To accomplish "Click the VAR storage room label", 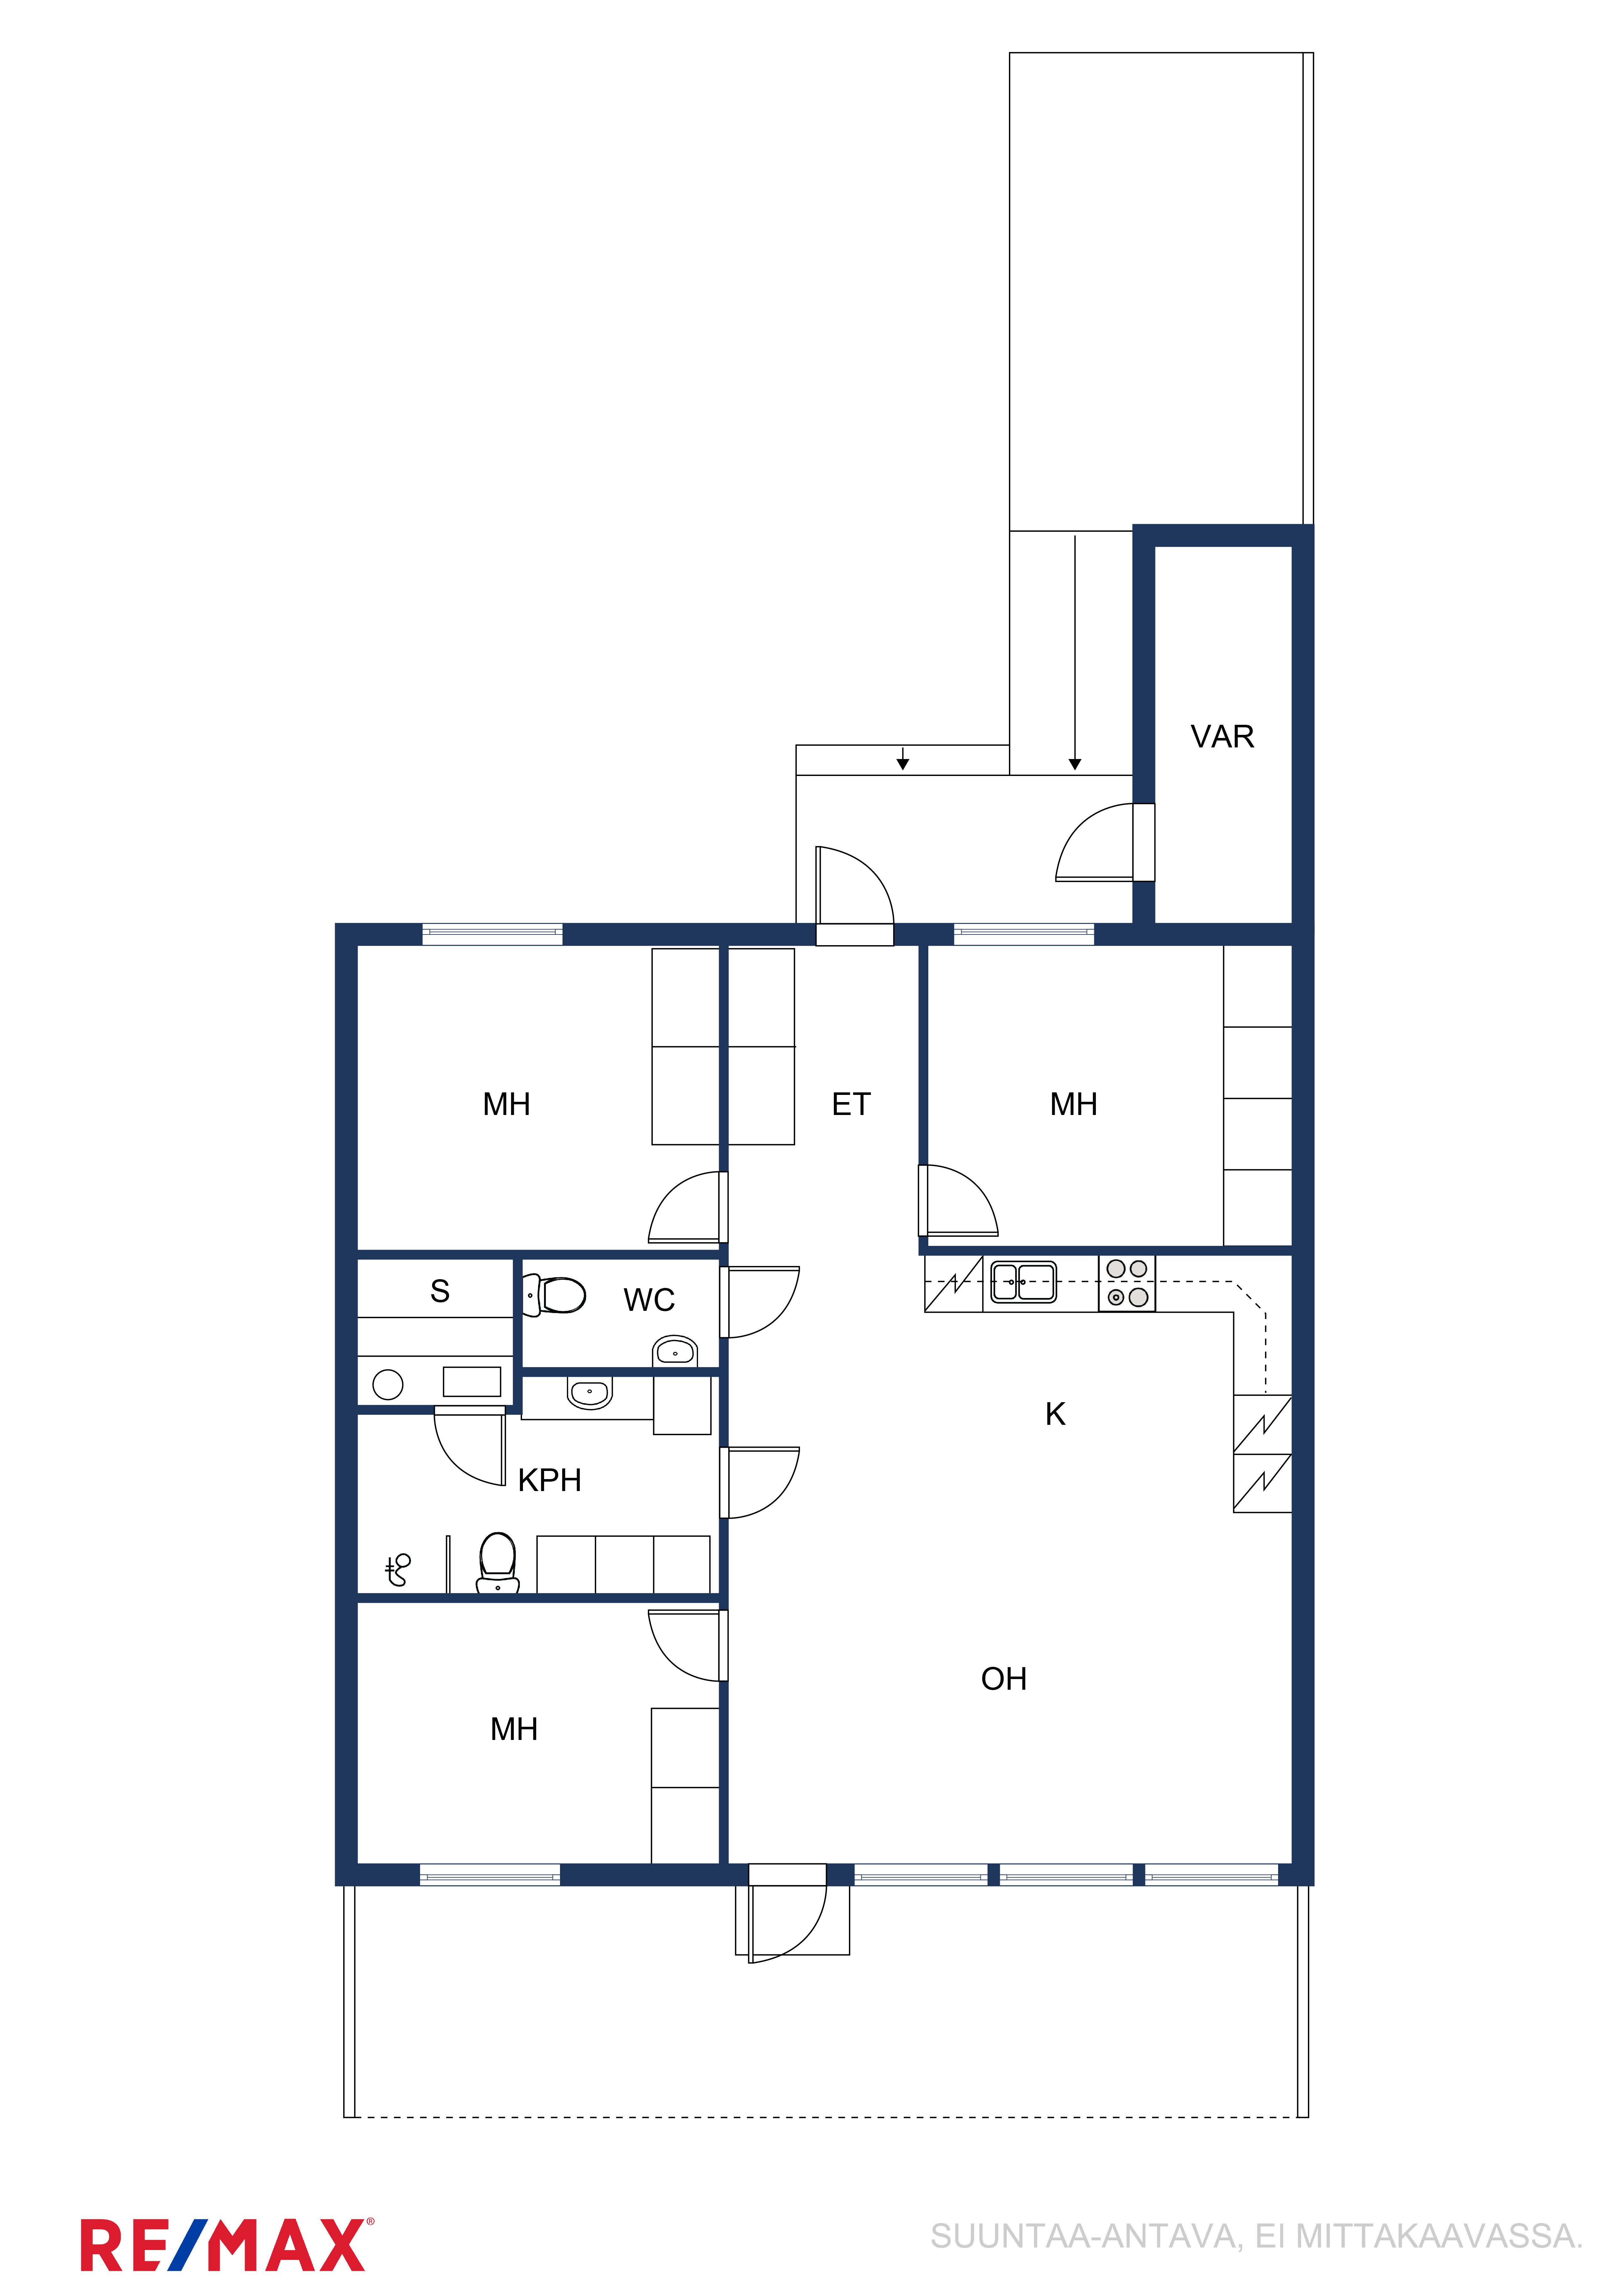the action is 1222,736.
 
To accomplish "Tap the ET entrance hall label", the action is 851,1104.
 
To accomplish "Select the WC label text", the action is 649,1300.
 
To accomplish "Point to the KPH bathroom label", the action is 549,1480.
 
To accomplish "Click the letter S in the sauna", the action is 440,1291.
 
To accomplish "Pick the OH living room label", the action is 1004,1678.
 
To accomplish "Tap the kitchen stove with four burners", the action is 1127,1283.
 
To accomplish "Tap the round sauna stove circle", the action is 387,1384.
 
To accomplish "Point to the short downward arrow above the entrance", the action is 903,758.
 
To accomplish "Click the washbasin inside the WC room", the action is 675,1352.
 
